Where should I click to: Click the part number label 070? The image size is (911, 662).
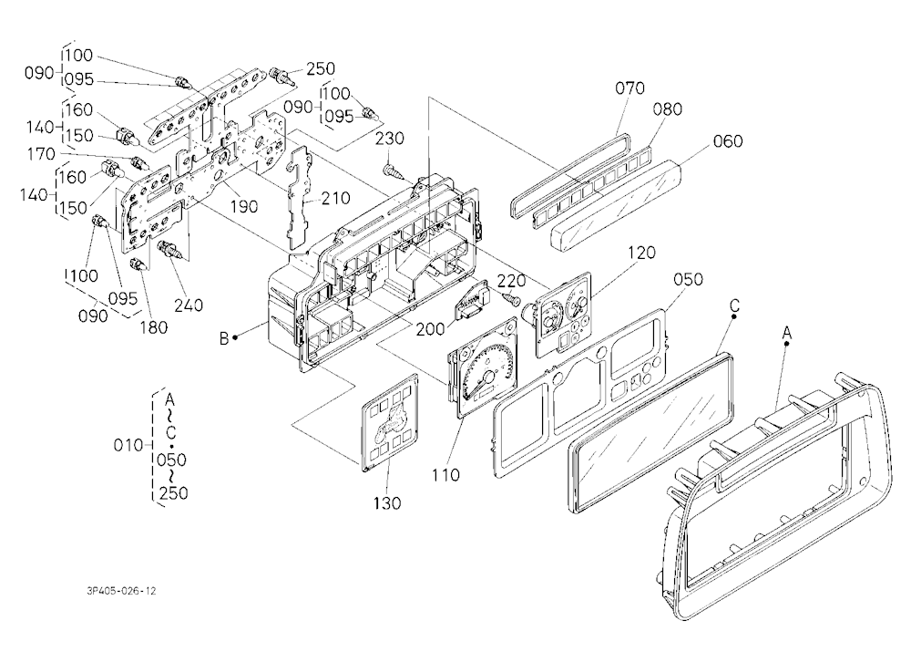tap(630, 88)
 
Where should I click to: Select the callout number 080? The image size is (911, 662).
tap(667, 109)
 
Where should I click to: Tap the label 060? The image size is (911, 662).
tap(727, 141)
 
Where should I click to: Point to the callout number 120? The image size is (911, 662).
tap(641, 253)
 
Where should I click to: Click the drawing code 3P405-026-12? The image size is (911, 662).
tap(121, 591)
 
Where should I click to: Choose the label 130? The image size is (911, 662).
tap(387, 503)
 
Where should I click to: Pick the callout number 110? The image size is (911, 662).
tap(445, 475)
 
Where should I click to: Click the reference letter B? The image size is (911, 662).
tap(224, 338)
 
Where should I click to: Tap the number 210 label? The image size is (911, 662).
tap(336, 199)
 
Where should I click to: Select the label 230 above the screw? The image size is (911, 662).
tap(389, 139)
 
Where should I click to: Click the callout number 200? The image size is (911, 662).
tap(430, 329)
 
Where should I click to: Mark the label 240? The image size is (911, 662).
tap(189, 305)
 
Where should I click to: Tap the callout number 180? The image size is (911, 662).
tap(153, 327)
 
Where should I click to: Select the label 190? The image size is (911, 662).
tap(243, 206)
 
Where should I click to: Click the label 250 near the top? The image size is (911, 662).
tap(321, 68)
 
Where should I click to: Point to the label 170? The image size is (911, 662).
tap(41, 155)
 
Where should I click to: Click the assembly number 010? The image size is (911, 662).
tap(128, 446)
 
